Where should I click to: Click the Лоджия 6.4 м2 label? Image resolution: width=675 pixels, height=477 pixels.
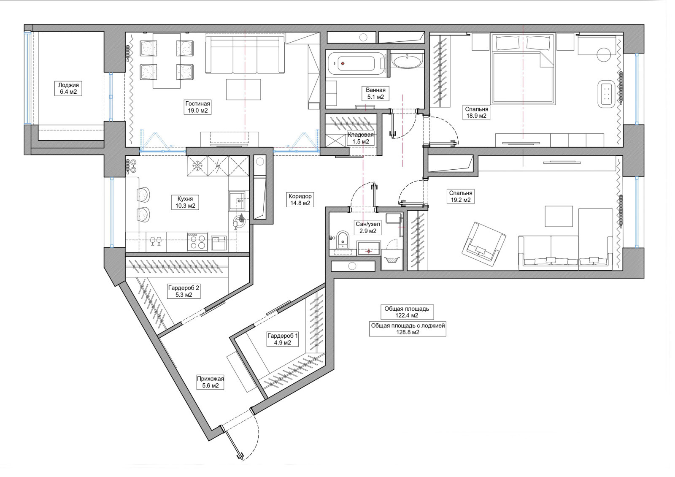point(68,88)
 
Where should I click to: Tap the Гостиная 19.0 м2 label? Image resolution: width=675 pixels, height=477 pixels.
point(198,107)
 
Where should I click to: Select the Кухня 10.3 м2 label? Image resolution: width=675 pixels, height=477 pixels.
point(185,202)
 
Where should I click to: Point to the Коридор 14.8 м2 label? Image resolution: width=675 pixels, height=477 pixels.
point(300,200)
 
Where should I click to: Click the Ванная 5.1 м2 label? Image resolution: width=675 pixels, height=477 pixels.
point(375,93)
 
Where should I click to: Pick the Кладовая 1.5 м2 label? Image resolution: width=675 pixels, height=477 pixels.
point(361,138)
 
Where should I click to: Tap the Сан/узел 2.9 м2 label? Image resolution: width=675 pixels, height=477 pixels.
point(367,228)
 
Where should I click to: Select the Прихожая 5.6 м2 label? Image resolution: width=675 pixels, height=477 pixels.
point(211,382)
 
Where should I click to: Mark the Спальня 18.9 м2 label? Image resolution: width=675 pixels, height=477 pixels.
point(476,112)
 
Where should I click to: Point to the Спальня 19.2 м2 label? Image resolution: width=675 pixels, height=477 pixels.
point(461,196)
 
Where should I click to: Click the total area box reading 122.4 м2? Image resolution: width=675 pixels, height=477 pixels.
point(407,312)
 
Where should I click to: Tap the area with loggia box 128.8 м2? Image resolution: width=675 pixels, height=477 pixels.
point(408,329)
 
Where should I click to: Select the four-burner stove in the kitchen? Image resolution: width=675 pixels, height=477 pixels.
point(197,242)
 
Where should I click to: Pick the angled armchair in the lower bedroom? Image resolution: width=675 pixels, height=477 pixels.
point(484,244)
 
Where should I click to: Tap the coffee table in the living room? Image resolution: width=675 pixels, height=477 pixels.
point(243,89)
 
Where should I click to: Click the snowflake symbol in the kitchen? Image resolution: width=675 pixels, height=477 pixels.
point(198,165)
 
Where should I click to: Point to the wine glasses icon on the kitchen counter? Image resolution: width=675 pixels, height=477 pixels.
point(156,241)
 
